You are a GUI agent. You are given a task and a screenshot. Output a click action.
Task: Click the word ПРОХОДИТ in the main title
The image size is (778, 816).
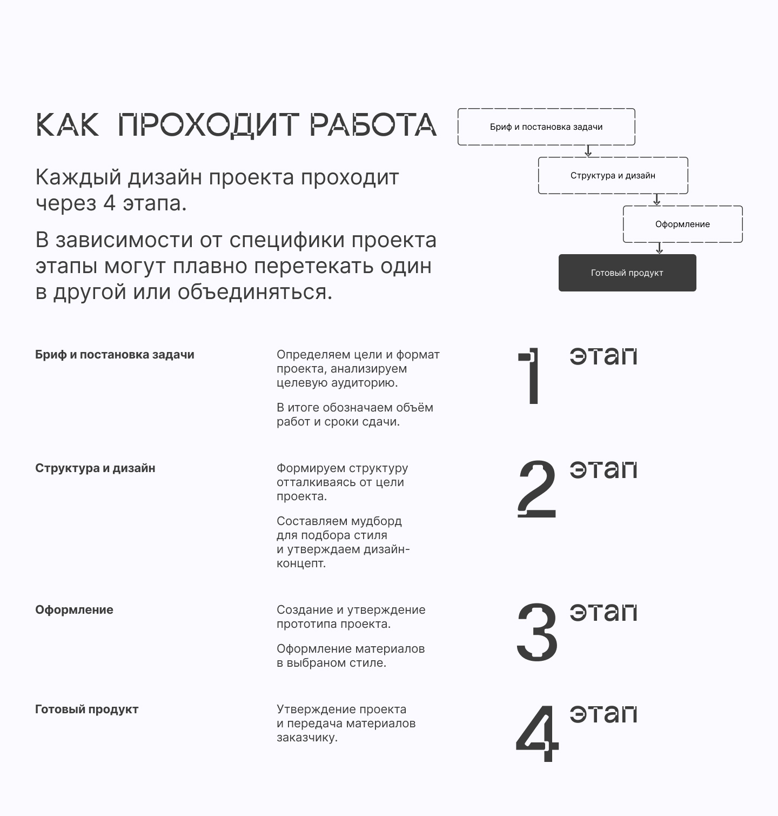pyautogui.click(x=208, y=125)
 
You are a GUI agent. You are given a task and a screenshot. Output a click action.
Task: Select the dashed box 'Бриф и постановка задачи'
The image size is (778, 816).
pyautogui.click(x=546, y=127)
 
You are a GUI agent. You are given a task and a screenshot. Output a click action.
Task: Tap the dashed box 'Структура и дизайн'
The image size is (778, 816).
pyautogui.click(x=613, y=176)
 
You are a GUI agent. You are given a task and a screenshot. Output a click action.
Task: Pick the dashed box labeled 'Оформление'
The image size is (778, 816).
pyautogui.click(x=682, y=224)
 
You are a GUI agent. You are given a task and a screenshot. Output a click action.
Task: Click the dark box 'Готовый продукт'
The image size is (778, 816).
pyautogui.click(x=627, y=273)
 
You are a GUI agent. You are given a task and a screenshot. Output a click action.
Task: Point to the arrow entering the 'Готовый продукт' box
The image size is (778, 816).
pyautogui.click(x=659, y=248)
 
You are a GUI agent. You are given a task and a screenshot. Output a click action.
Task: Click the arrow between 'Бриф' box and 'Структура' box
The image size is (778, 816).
pyautogui.click(x=588, y=151)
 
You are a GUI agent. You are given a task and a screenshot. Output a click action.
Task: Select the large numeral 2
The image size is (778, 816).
pyautogui.click(x=536, y=489)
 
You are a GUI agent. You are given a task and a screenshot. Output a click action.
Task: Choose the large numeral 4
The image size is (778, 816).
pyautogui.click(x=537, y=734)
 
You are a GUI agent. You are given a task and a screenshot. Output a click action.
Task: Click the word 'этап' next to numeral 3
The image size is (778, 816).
pyautogui.click(x=603, y=612)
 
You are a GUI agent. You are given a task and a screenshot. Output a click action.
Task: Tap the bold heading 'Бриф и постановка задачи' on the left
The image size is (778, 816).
pyautogui.click(x=115, y=355)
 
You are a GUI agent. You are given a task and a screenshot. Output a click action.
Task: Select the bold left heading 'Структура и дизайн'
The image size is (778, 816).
pyautogui.click(x=95, y=468)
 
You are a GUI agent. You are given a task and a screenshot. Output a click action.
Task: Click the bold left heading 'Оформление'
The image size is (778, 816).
pyautogui.click(x=74, y=610)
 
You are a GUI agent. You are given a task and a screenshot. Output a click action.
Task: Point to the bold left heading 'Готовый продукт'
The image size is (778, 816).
pyautogui.click(x=86, y=709)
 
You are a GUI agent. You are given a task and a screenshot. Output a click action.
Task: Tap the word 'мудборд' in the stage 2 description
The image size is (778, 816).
pyautogui.click(x=376, y=521)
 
